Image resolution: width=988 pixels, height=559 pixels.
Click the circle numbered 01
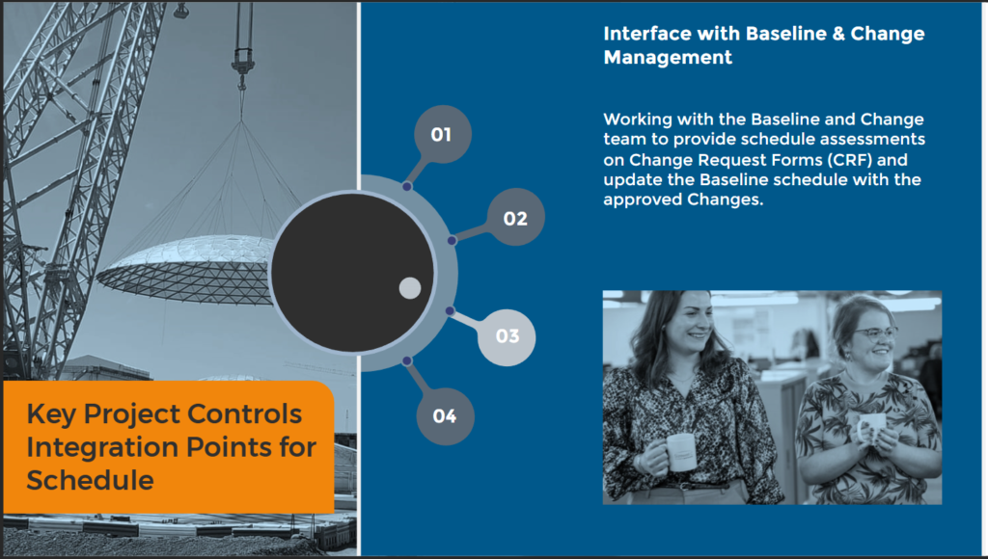442,134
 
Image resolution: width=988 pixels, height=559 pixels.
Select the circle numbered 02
515,217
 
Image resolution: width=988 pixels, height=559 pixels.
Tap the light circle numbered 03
507,337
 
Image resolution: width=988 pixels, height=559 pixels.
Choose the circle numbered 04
445,416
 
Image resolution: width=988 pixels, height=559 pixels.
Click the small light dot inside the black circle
410,288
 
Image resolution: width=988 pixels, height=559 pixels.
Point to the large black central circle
352,273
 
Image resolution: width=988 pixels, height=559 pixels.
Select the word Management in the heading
668,57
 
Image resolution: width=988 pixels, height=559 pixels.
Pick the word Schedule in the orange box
90,480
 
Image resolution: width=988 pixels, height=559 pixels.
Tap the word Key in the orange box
51,414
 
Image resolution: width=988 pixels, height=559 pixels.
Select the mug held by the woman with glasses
871,428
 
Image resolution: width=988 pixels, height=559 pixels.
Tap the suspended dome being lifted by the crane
188,270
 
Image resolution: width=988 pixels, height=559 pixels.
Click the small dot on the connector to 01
407,186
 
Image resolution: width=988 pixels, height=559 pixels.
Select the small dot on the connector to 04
407,360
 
